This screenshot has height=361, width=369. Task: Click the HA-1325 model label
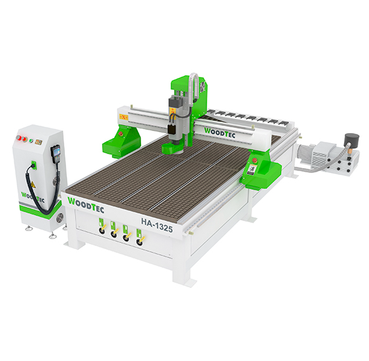(157, 224)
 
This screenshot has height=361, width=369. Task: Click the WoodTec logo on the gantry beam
(220, 133)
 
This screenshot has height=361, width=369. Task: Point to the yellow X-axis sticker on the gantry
(124, 117)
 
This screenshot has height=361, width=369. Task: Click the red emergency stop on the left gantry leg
(121, 134)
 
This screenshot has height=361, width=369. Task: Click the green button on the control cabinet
(31, 141)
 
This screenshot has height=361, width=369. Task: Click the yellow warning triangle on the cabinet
(32, 185)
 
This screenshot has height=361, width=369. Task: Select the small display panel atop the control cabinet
(39, 142)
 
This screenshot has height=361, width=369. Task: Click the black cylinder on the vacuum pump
(352, 140)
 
